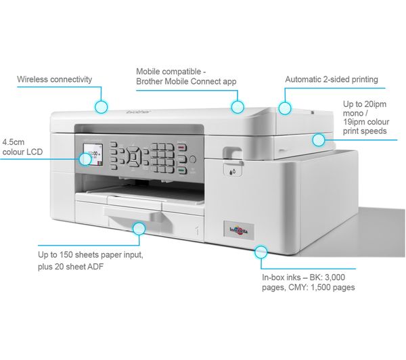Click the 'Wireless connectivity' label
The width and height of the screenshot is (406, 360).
pos(54,80)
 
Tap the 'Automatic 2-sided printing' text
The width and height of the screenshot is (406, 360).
pos(331,79)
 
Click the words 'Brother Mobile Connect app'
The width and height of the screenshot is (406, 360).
pos(185,81)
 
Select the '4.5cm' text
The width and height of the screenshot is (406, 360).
pos(14,142)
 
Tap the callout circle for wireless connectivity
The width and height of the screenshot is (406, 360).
pos(101,106)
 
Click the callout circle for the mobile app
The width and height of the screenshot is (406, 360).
pos(237,106)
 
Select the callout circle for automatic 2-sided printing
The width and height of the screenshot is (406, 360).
pos(286,106)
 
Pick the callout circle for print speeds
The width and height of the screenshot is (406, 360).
pos(318,139)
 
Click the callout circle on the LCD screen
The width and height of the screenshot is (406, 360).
pos(85,160)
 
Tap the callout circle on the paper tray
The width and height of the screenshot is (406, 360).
pos(139,228)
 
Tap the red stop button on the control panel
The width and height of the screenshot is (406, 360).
pos(181,144)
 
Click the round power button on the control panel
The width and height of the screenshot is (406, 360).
pos(192,160)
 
